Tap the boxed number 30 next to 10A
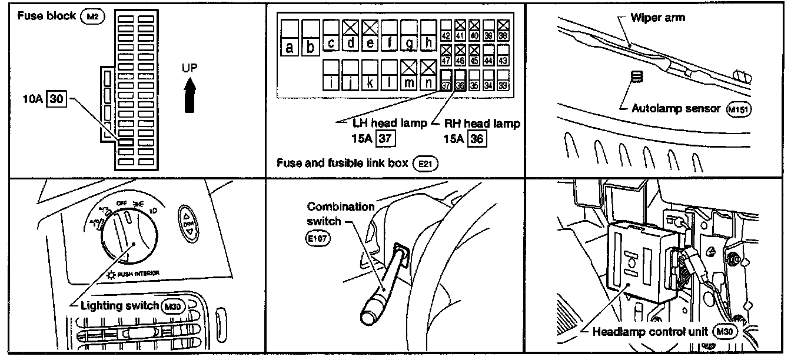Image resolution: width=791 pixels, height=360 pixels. (56, 99)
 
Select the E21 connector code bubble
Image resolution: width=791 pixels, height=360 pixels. (425, 163)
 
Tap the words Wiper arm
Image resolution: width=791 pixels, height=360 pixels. (657, 17)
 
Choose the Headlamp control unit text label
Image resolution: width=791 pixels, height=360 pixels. (650, 331)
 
